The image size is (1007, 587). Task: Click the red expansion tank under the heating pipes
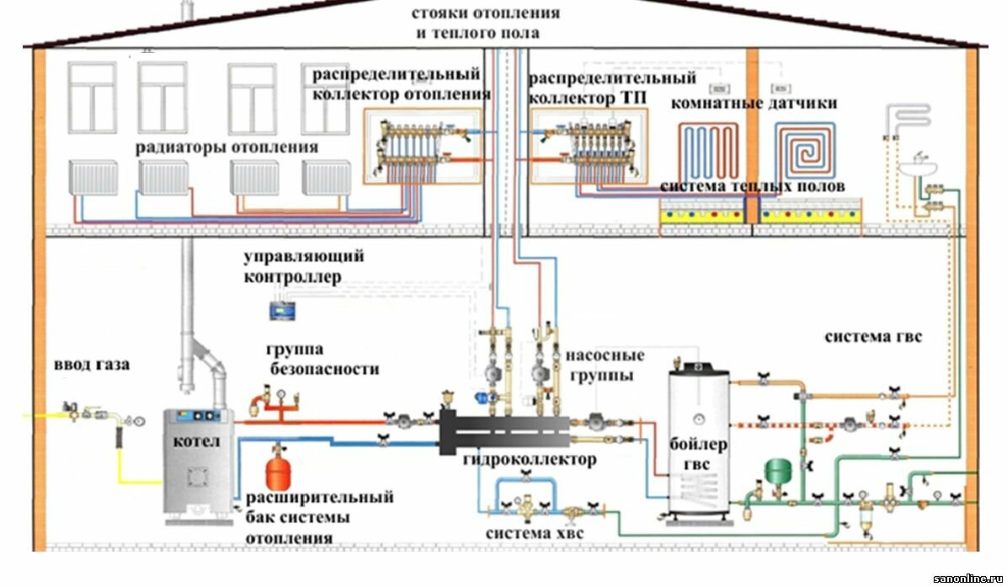279,473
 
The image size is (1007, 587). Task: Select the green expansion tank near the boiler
778,471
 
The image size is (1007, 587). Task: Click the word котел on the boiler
196,442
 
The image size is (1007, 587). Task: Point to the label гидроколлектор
530,460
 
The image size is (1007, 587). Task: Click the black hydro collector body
505,431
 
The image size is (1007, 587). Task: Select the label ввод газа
92,365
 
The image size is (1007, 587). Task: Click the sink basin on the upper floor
918,168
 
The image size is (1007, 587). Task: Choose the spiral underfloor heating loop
805,150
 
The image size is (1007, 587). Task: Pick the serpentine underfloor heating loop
708,152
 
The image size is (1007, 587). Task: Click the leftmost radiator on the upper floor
93,178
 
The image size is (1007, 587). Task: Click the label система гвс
873,337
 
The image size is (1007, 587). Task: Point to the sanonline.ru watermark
967,578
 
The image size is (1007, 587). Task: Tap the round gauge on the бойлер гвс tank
698,419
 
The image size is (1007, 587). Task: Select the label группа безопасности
323,360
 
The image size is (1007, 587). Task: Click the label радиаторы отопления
226,147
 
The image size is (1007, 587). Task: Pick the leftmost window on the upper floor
93,98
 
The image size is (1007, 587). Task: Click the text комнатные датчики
754,103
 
